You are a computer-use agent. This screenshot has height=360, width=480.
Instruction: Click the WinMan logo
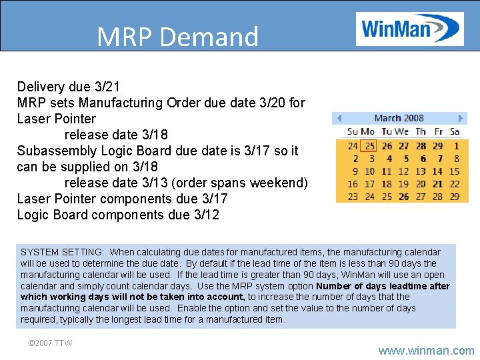[x=409, y=29]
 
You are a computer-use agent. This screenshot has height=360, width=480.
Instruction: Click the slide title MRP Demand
[x=177, y=37]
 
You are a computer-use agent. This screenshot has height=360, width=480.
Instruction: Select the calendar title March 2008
[x=399, y=118]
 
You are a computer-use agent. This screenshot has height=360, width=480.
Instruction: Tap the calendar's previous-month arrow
[x=339, y=118]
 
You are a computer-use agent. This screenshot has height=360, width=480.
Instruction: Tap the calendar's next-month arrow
[x=459, y=118]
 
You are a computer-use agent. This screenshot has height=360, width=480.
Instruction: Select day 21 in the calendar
[x=437, y=184]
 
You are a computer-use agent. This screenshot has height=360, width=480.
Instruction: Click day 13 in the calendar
[x=421, y=171]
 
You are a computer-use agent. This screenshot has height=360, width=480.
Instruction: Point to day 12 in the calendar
[x=403, y=171]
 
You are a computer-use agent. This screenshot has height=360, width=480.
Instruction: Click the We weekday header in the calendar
[x=401, y=132]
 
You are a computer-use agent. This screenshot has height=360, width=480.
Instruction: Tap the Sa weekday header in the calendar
[x=455, y=132]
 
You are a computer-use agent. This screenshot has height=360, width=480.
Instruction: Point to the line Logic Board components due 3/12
[x=117, y=215]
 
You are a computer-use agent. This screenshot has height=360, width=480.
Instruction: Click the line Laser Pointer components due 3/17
[x=122, y=199]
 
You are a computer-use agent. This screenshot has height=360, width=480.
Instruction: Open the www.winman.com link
[x=426, y=350]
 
